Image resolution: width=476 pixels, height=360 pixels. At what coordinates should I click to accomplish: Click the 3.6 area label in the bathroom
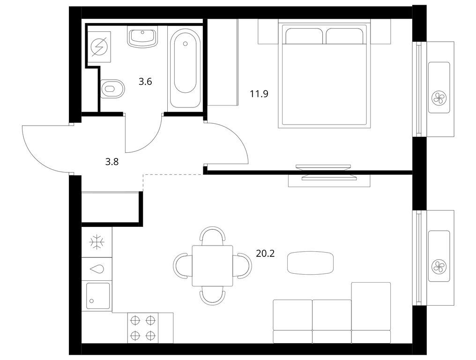[x=145, y=82]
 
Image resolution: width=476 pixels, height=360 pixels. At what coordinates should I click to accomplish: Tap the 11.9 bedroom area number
[x=259, y=94]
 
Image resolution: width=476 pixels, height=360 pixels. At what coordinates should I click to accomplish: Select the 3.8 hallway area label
[x=112, y=162]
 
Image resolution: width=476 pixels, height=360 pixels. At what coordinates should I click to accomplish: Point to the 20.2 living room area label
[x=265, y=254]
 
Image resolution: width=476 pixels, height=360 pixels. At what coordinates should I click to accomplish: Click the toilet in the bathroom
[x=112, y=89]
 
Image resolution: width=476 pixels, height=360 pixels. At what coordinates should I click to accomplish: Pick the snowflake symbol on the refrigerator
[x=97, y=242]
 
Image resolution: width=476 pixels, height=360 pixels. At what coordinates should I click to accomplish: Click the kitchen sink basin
[x=98, y=296]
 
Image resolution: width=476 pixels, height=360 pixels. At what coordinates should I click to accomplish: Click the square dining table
[x=213, y=266]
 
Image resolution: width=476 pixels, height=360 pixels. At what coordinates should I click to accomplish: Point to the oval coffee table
[x=310, y=263]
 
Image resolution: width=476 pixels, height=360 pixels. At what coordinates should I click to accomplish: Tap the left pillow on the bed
[x=304, y=36]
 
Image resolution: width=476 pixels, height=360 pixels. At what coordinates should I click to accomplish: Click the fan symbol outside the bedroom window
[x=439, y=98]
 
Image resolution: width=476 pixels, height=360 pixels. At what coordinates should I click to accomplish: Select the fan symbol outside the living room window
[x=439, y=266]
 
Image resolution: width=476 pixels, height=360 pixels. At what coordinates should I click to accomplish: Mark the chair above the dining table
[x=213, y=234]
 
